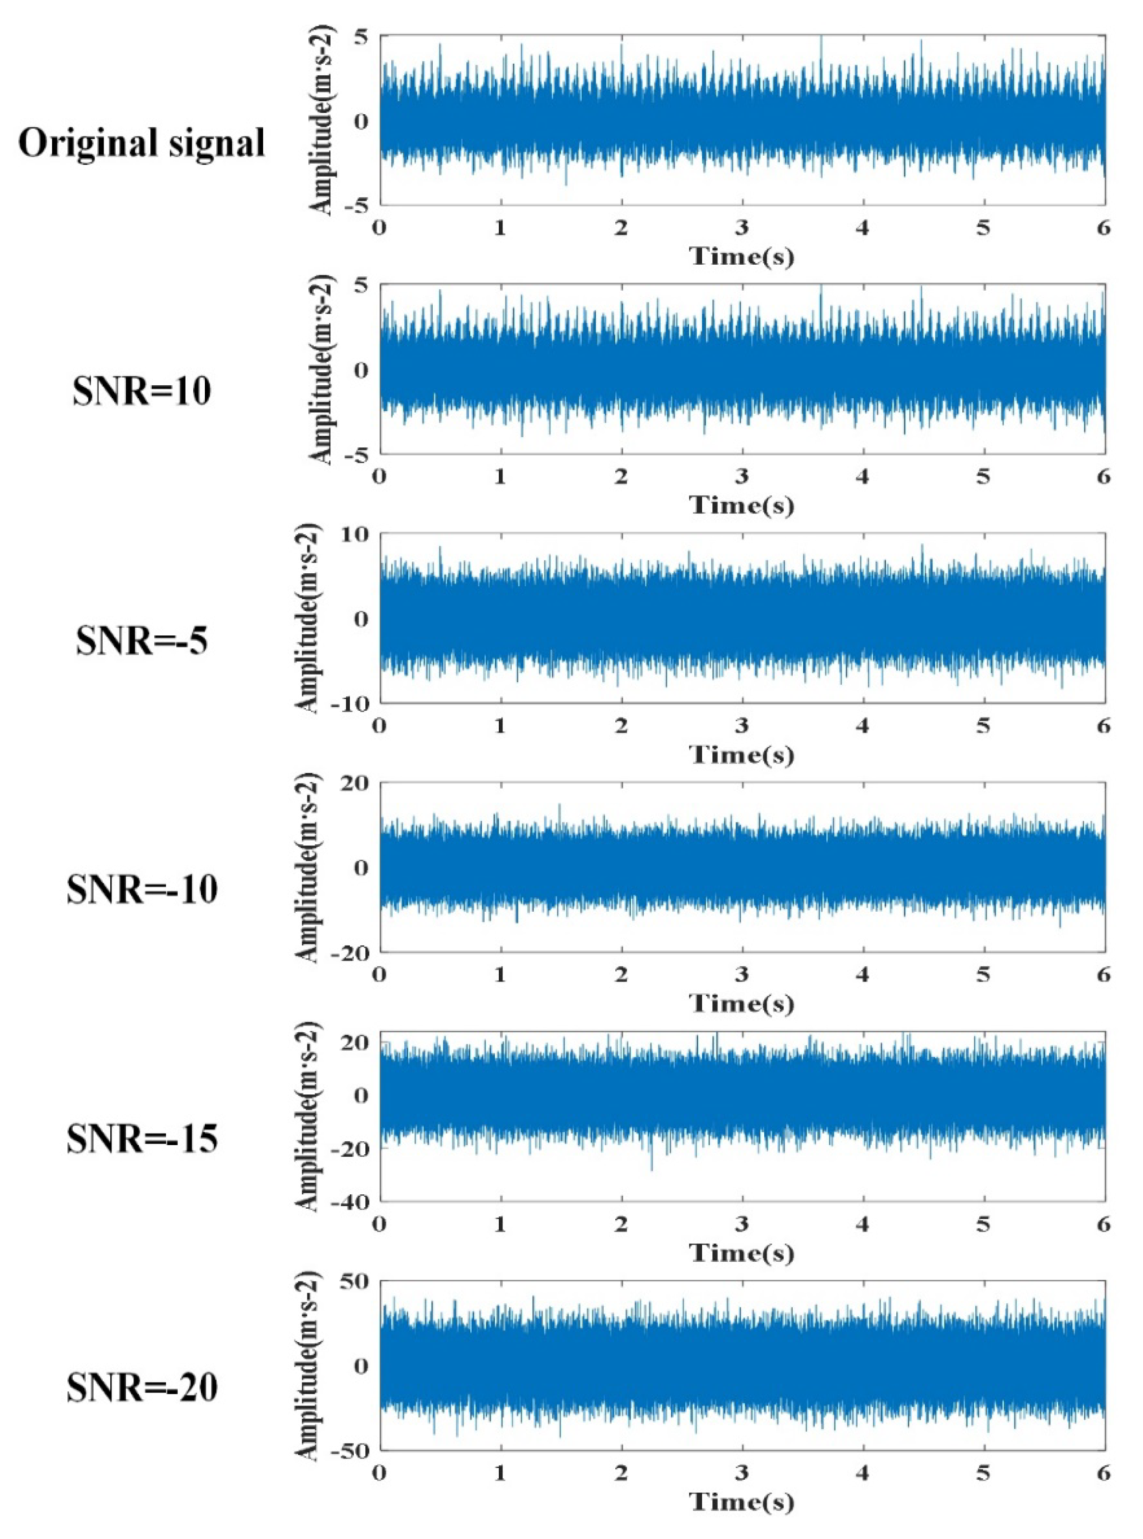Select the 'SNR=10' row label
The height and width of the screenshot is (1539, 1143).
[142, 392]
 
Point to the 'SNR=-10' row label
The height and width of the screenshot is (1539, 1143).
[142, 890]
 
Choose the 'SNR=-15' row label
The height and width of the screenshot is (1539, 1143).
[142, 1139]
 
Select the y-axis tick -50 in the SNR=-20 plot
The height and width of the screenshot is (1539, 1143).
[351, 1450]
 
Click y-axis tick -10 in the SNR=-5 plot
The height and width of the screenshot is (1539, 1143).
[351, 702]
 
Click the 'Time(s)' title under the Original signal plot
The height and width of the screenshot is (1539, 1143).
[742, 257]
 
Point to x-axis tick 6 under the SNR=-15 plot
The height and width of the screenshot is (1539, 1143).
[1103, 1225]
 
